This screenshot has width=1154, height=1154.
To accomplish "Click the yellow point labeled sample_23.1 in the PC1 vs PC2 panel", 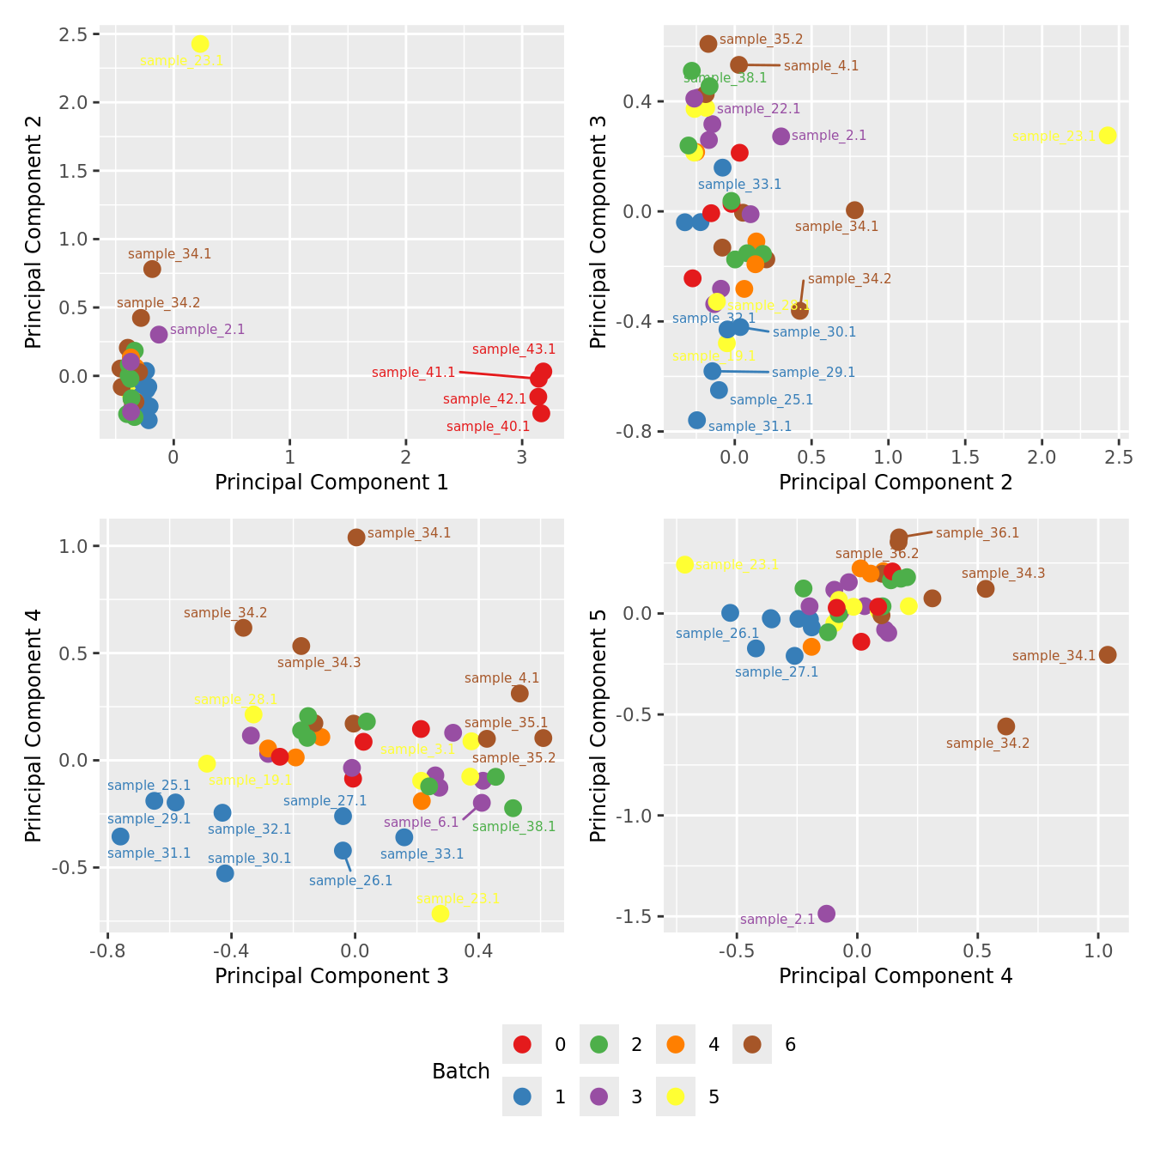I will click(200, 44).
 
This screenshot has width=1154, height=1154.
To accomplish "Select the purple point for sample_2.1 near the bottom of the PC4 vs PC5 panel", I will click(826, 914).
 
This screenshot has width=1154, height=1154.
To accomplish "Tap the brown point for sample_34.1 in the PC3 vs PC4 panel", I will click(356, 538).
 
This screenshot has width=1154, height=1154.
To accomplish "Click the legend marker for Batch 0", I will click(522, 1045).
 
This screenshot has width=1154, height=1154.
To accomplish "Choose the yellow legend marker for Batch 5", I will click(676, 1096).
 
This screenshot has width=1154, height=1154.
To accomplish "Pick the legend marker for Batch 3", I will click(599, 1096).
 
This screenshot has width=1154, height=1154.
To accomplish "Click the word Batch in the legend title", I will click(461, 1072).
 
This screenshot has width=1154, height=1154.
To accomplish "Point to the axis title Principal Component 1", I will click(331, 483).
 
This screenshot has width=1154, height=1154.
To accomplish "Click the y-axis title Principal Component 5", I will click(598, 726).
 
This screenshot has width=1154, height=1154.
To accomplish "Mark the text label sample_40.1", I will click(488, 427).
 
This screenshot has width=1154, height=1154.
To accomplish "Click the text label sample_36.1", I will click(977, 533).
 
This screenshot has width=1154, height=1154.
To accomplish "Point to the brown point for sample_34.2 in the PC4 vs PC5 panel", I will click(1006, 726).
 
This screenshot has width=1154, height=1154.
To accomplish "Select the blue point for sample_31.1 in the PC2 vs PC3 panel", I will click(697, 420).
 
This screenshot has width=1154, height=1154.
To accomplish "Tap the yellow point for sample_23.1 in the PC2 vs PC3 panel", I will click(1108, 135).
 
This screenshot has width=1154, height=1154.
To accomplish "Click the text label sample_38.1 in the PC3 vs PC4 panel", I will click(513, 827).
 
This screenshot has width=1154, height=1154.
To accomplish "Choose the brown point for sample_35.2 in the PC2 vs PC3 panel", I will click(708, 44).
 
